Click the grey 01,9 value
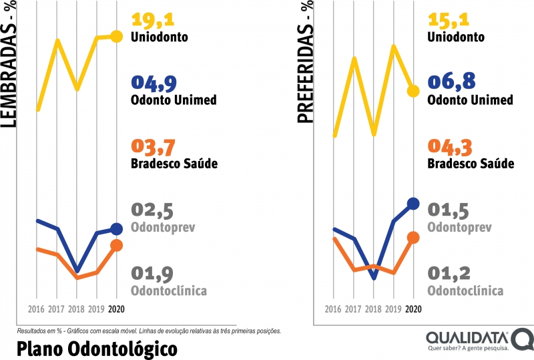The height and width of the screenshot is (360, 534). (153, 274)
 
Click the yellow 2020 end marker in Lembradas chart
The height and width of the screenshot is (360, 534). (117, 37)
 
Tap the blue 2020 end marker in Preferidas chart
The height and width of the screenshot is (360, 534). (413, 203)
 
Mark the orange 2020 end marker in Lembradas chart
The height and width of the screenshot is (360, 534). (117, 246)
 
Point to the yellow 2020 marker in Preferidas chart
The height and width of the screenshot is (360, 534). (413, 90)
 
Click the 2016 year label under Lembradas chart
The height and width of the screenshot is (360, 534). (37, 309)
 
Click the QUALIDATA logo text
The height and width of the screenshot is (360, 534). (467, 337)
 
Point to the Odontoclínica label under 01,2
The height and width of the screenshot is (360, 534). (465, 291)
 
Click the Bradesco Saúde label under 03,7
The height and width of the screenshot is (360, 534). (175, 164)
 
